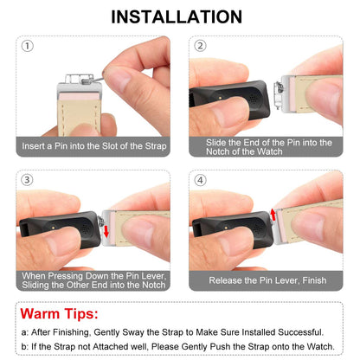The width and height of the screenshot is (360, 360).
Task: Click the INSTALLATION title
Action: [177, 16]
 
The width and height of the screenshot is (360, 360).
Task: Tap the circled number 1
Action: [28, 46]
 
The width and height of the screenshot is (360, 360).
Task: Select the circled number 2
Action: [200, 46]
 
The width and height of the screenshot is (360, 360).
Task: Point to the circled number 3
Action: [27, 180]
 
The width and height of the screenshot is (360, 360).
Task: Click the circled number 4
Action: [200, 180]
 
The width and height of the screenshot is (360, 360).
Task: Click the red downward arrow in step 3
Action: [106, 231]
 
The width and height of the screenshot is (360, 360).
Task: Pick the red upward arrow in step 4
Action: [273, 215]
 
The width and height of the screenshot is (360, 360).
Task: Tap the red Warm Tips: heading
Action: [59, 313]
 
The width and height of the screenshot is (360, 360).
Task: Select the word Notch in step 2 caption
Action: [219, 151]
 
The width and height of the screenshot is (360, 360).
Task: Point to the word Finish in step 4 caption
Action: [314, 280]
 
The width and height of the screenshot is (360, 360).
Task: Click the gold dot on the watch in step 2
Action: [220, 98]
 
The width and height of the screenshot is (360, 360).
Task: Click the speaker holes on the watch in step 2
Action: [253, 99]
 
